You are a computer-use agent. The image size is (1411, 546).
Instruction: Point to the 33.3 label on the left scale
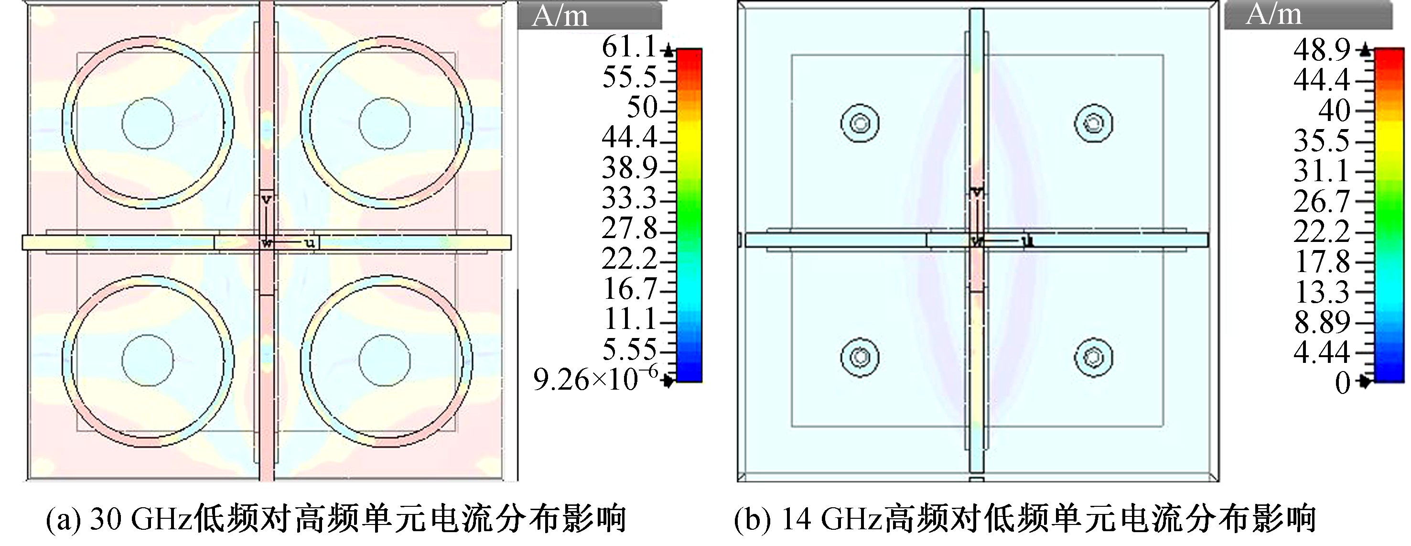629,198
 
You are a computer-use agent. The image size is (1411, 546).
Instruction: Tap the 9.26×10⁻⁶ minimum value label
595,379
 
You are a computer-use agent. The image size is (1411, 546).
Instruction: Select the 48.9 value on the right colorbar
1322,50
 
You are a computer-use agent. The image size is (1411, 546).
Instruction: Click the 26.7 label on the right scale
1322,202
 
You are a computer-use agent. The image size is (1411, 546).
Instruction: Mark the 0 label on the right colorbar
1343,382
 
